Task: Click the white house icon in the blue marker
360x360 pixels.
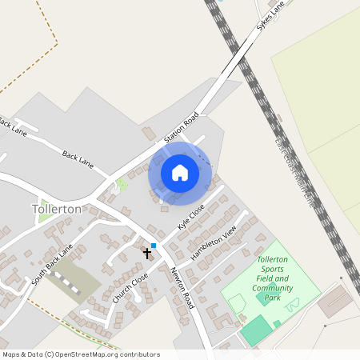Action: (180, 173)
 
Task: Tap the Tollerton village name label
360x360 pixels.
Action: (57, 209)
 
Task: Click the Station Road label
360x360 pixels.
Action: (181, 129)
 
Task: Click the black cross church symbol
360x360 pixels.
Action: (146, 254)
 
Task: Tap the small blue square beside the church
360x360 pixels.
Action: (153, 245)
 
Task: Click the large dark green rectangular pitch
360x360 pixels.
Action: (257, 330)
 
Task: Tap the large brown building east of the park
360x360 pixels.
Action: (334, 302)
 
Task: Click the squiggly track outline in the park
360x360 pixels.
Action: (294, 302)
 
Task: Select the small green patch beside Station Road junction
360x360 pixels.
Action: (122, 185)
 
